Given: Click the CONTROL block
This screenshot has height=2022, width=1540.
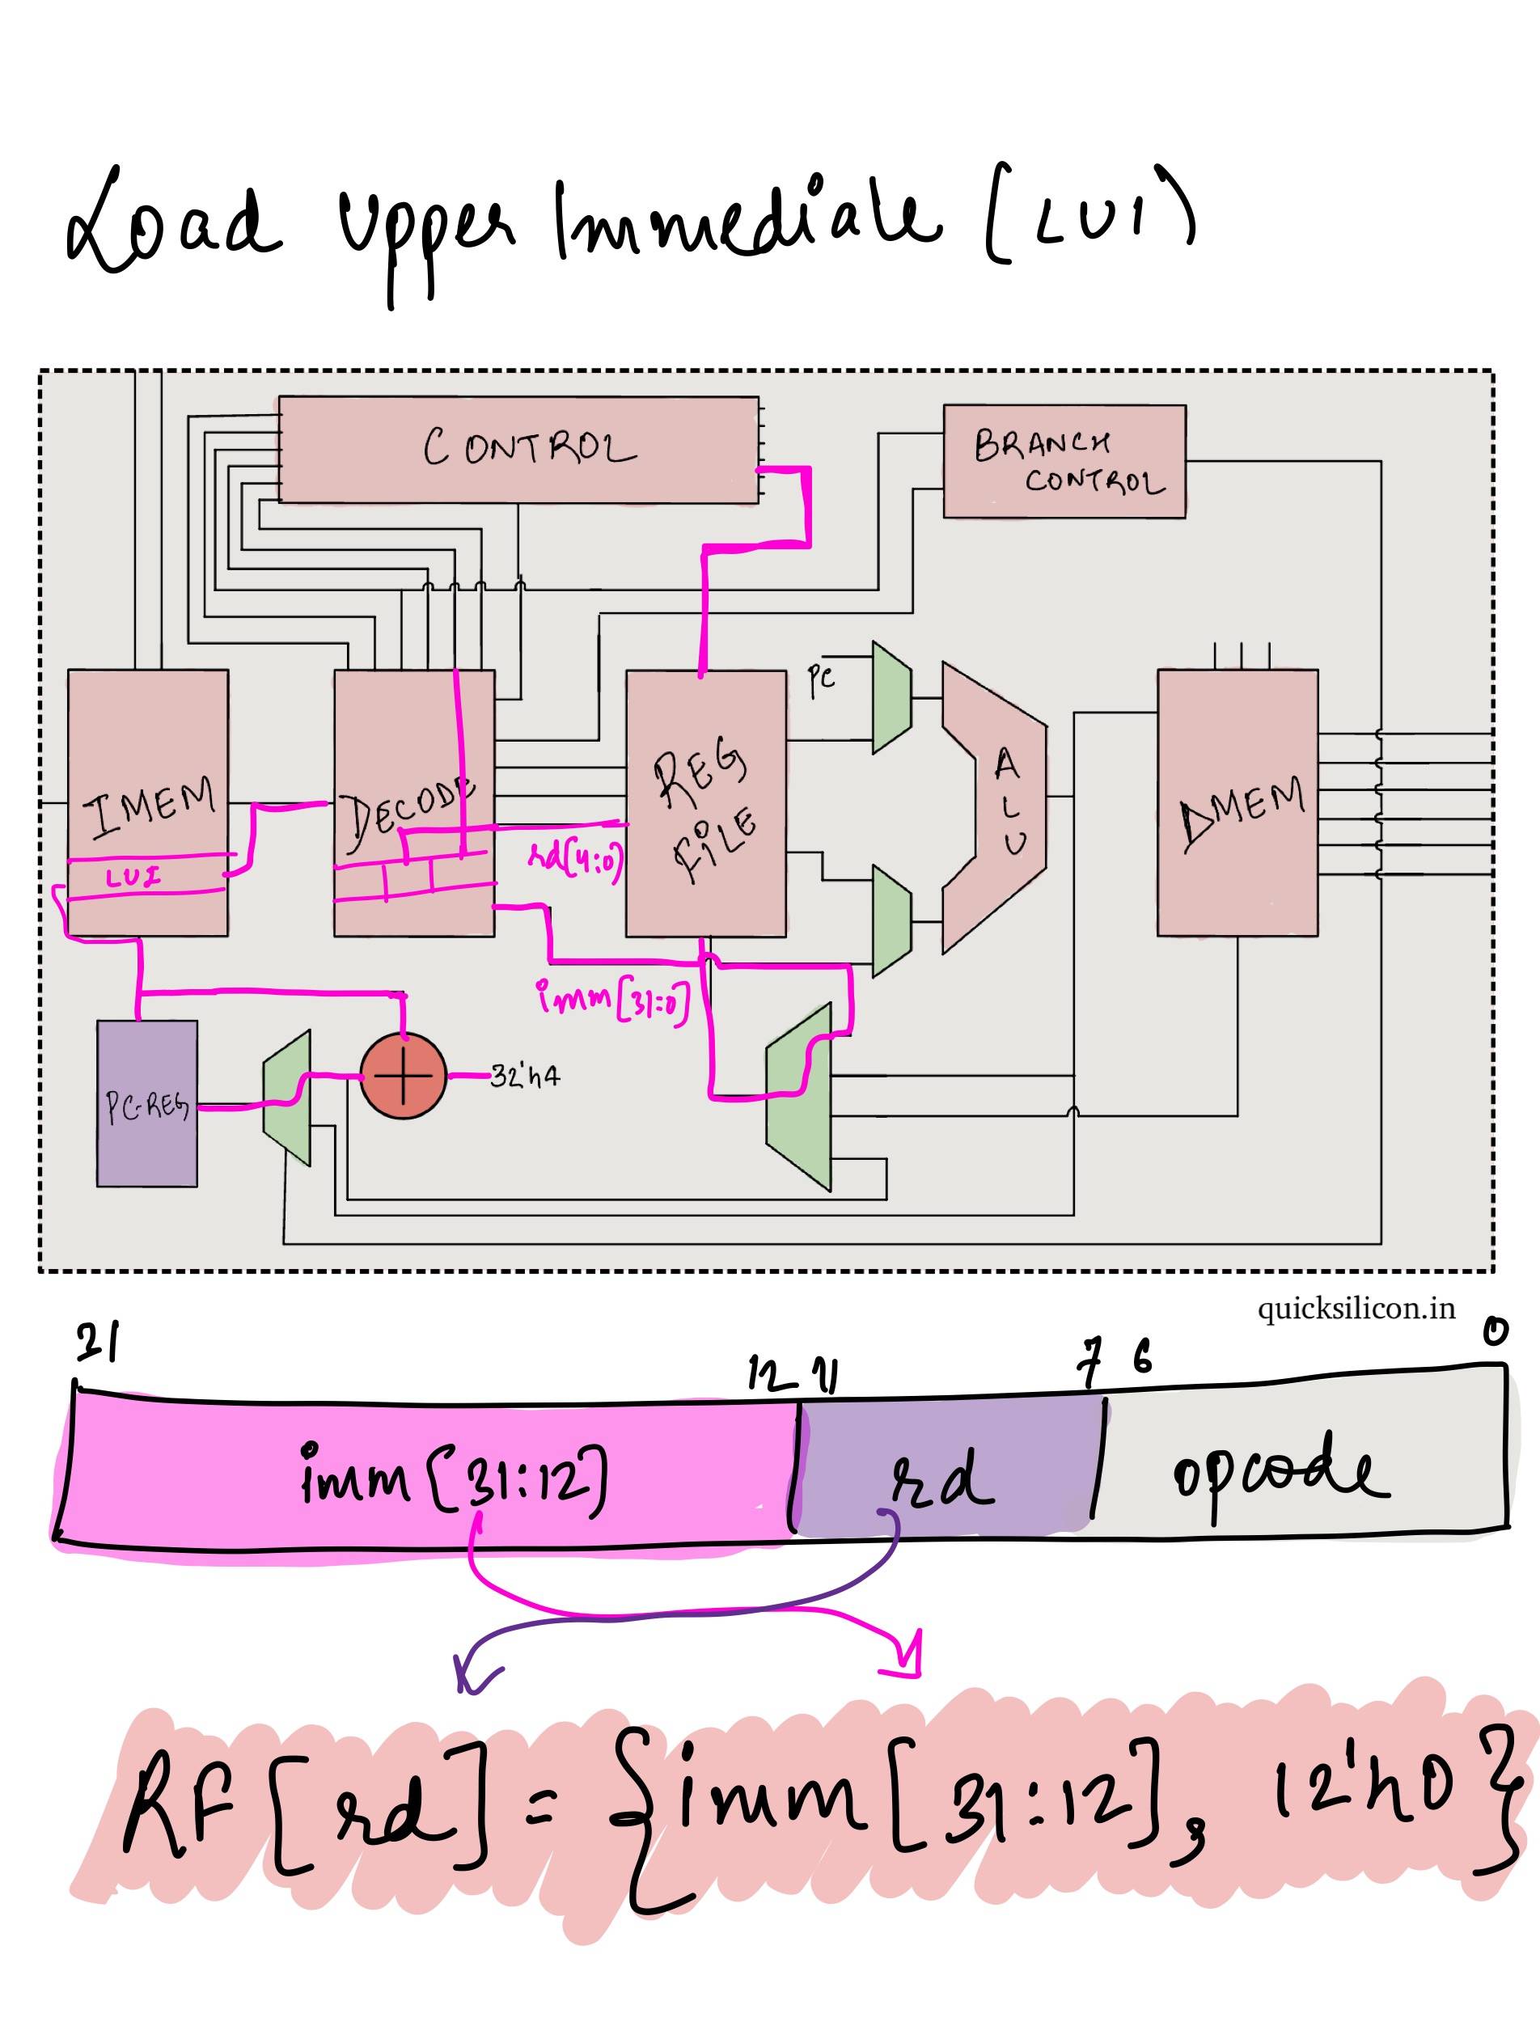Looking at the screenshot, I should [x=518, y=449].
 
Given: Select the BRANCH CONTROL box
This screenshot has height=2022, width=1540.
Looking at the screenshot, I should [x=1064, y=461].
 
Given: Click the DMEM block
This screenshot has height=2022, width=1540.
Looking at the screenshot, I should [x=1237, y=803].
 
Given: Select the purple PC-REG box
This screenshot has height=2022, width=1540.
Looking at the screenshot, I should [x=146, y=1103].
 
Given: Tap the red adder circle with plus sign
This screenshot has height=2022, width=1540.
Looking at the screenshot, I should [x=403, y=1076].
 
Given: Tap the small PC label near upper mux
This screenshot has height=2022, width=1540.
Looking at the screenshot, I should [x=821, y=679].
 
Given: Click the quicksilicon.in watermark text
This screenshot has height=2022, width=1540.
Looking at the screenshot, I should [x=1356, y=1308].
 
